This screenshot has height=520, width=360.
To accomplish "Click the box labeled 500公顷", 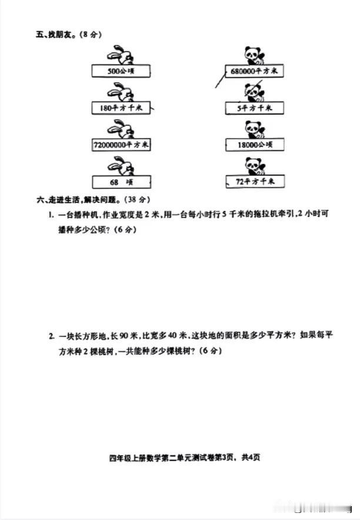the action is tap(121, 71).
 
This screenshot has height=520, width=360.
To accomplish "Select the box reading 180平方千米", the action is tap(121, 108).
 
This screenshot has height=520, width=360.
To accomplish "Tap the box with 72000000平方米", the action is tap(121, 145).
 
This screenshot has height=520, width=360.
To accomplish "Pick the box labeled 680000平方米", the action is tap(254, 71).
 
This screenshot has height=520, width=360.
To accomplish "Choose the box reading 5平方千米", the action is tap(255, 108).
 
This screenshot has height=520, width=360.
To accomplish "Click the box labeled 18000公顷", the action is tap(255, 145).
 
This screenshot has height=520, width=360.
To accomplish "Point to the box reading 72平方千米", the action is tap(255, 182).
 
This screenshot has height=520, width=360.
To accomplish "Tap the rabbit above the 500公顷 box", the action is tap(121, 55).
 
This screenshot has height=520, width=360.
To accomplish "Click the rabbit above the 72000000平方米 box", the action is tap(121, 129).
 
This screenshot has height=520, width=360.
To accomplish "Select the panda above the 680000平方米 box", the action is tap(254, 55).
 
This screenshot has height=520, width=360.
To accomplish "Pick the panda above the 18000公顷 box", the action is tap(255, 129).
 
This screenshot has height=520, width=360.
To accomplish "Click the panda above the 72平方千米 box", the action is tap(255, 166).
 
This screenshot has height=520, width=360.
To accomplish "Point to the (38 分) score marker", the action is tap(136, 199).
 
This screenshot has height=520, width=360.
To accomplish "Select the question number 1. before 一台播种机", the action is tap(51, 215).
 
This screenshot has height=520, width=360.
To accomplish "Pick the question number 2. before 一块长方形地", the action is tap(52, 336).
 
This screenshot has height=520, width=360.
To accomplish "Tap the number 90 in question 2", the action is tap(124, 336).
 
